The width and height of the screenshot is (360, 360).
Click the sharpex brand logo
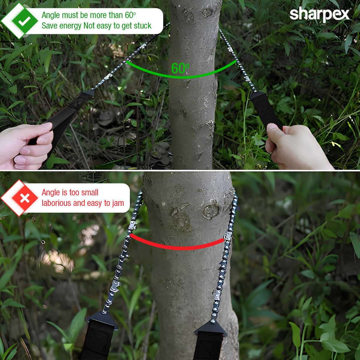click(320, 14)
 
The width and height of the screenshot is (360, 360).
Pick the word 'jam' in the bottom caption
click(118, 203)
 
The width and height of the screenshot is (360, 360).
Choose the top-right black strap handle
click(265, 109)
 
